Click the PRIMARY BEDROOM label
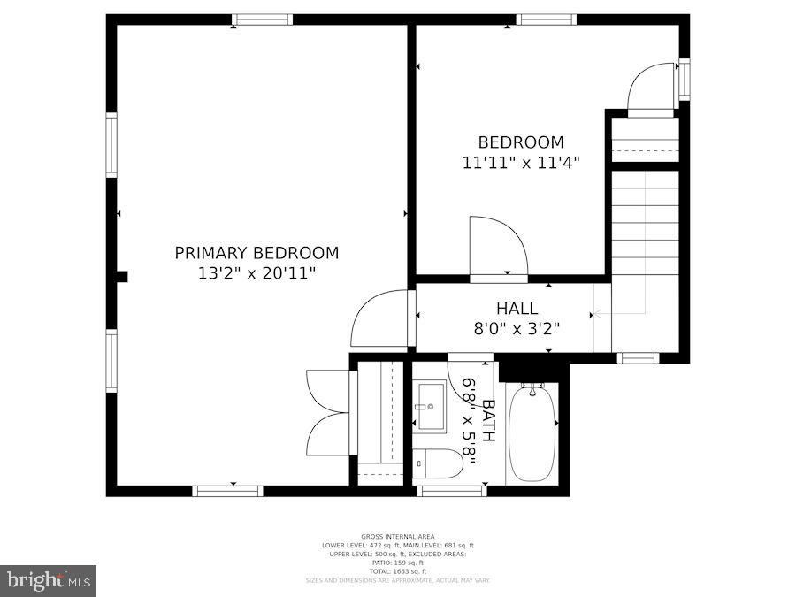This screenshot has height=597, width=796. (256, 253)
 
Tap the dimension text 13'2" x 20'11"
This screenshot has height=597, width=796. (256, 273)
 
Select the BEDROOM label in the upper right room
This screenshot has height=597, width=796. (520, 142)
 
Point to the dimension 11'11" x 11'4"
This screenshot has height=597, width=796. (520, 163)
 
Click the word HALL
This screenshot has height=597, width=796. (517, 309)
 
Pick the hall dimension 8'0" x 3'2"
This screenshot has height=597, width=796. (517, 328)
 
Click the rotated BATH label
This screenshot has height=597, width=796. (487, 421)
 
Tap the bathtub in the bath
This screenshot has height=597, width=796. (532, 432)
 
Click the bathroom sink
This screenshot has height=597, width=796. (431, 406)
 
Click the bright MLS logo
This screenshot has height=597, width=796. (49, 580)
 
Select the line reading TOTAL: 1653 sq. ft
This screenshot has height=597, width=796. (398, 570)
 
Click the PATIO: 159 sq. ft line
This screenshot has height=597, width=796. (398, 563)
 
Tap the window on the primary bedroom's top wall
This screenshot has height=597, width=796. (263, 19)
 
